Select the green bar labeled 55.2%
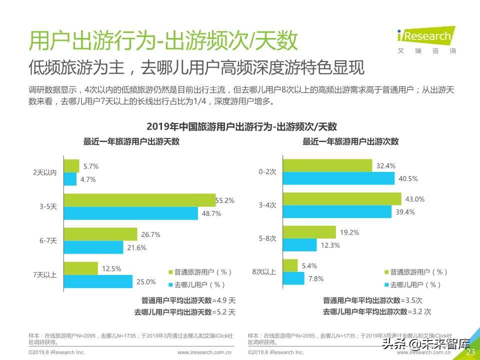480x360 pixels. [x=139, y=200]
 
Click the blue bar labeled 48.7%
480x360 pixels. [x=131, y=213]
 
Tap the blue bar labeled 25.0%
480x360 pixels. [x=98, y=281]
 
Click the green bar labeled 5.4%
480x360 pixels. [x=290, y=265]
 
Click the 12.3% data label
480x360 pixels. [x=330, y=245]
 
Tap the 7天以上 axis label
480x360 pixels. [x=45, y=275]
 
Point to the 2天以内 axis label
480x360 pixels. [x=45, y=172]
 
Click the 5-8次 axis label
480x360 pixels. [x=267, y=238]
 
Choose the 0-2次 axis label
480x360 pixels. [x=267, y=171]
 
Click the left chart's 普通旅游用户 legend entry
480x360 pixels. [x=199, y=272]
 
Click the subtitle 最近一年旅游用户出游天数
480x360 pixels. [x=131, y=141]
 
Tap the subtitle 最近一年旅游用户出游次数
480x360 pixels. [x=350, y=141]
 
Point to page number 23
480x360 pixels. [x=470, y=352]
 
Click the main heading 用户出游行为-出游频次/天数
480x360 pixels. [x=163, y=41]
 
